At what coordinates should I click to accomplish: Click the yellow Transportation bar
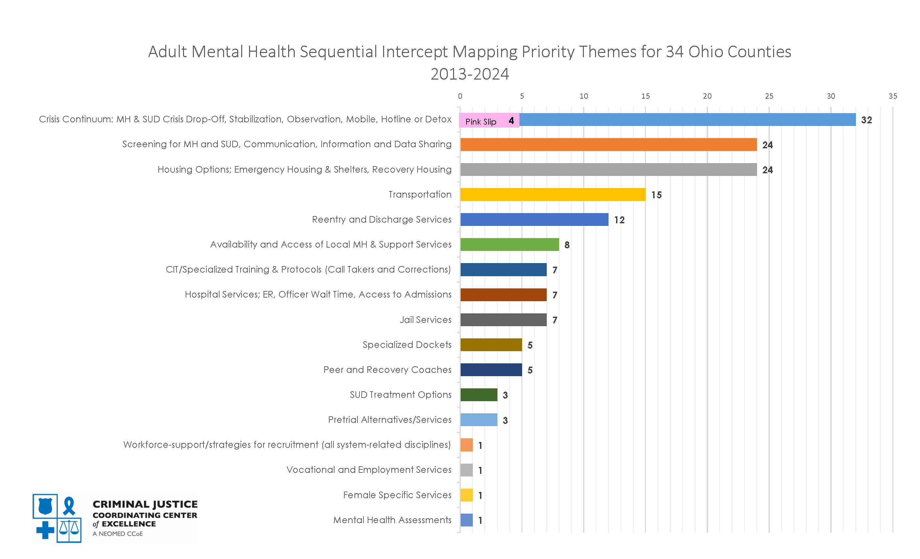[x=553, y=195]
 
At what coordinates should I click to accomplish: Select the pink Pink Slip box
[x=489, y=121]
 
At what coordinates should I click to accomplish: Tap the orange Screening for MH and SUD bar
[x=608, y=145]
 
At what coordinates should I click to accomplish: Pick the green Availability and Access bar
[x=509, y=244]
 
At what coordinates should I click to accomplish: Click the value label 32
[x=866, y=120]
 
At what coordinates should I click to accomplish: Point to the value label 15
[x=656, y=195]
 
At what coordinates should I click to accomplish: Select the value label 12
[x=619, y=220]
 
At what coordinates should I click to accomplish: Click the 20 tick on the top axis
[x=707, y=96]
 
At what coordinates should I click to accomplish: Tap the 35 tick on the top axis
[x=892, y=96]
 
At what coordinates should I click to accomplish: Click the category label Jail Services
[x=425, y=320]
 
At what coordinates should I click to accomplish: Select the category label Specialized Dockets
[x=407, y=345]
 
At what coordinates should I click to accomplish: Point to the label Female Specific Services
[x=397, y=495]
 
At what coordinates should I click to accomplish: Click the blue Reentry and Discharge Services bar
[x=534, y=220]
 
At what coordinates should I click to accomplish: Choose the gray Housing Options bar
[x=608, y=170]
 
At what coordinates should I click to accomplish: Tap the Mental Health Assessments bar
[x=466, y=520]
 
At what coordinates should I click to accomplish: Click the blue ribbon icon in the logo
[x=69, y=506]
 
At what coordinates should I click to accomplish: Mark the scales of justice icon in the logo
[x=69, y=529]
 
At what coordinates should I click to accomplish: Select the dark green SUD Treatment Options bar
[x=479, y=395]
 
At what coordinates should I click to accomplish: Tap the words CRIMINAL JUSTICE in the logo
[x=145, y=504]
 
